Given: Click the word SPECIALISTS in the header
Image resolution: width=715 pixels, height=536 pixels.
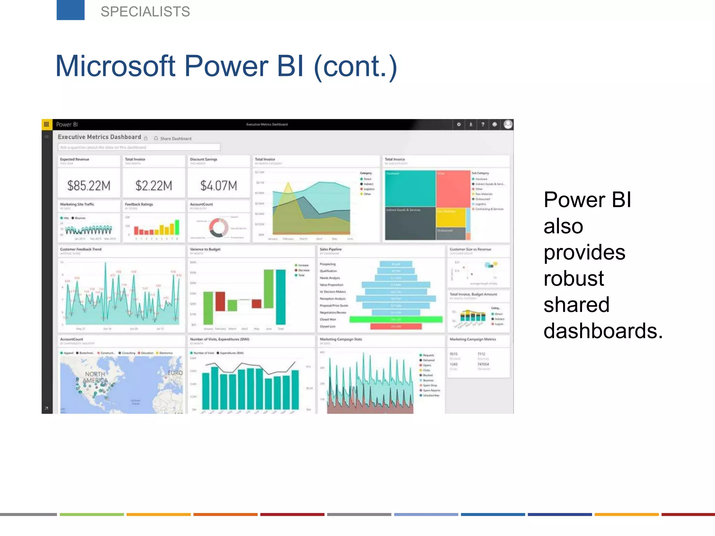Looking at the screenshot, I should point(145,12).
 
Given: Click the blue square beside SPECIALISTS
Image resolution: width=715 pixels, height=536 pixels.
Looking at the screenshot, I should point(71,10).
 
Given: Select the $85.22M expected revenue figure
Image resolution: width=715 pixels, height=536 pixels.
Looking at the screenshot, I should point(89,186).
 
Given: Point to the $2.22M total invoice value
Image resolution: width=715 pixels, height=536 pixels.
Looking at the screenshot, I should point(154,186).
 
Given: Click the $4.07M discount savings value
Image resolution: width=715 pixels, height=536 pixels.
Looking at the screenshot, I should point(219,186).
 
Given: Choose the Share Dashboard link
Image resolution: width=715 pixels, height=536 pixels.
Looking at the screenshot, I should point(176,139).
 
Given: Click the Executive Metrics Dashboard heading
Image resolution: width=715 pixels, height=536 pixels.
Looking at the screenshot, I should point(99,137).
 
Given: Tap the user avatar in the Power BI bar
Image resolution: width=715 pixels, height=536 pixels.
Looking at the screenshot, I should point(508,124).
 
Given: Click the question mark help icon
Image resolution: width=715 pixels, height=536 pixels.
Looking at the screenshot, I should point(483,124).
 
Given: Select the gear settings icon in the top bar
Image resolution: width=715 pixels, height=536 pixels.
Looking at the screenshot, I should point(459,124).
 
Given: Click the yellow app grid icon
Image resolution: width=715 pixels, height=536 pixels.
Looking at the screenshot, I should point(46,124).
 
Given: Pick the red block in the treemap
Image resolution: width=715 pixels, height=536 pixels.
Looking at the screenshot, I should point(453,188).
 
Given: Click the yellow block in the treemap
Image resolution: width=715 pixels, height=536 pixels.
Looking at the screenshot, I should point(451,217).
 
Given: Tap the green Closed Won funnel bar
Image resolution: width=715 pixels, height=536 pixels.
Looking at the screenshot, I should point(396,319).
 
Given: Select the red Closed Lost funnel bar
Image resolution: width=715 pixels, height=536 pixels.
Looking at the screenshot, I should point(396,326).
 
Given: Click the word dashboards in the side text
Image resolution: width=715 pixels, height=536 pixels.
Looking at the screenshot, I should point(603,331).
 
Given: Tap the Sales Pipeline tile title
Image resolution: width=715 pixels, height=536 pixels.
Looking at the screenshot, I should point(331,249).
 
